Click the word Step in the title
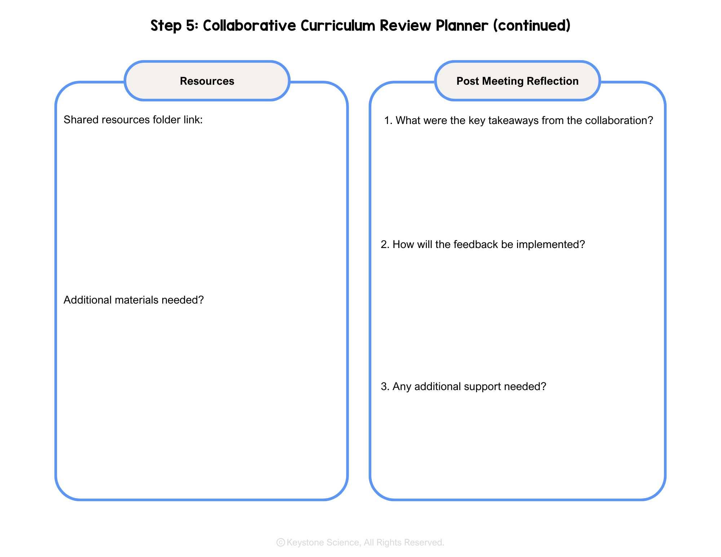[x=166, y=26]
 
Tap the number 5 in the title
[x=191, y=26]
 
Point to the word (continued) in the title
[x=532, y=26]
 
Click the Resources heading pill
[x=207, y=81]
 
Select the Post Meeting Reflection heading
[x=517, y=81]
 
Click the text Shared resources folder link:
[x=133, y=120]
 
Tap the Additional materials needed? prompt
[x=134, y=300]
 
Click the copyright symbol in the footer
[x=280, y=542]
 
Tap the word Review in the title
[x=405, y=26]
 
